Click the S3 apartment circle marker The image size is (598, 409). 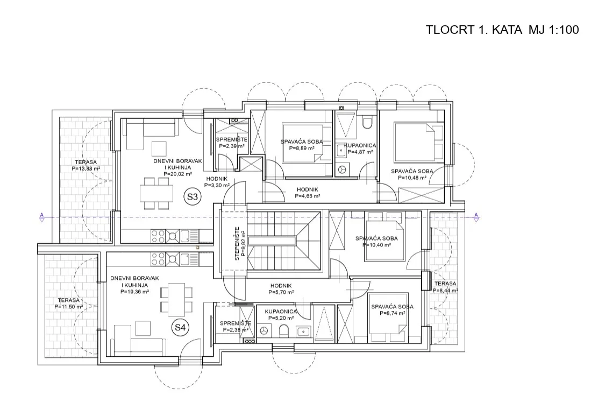tap(193, 197)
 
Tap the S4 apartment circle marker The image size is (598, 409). tap(180, 327)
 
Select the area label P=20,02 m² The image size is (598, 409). tap(177, 174)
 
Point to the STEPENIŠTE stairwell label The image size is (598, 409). tap(237, 244)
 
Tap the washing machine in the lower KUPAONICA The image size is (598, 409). tap(264, 330)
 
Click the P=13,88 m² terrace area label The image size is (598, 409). tap(86, 168)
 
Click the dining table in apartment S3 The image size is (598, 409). tap(156, 193)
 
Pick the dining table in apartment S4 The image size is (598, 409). tap(176, 300)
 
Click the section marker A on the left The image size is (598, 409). tap(41, 217)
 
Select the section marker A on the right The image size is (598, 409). tap(476, 217)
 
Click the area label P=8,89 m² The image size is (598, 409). tap(302, 148)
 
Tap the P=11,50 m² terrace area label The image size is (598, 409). tap(69, 306)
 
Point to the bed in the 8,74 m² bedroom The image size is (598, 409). tap(389, 313)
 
